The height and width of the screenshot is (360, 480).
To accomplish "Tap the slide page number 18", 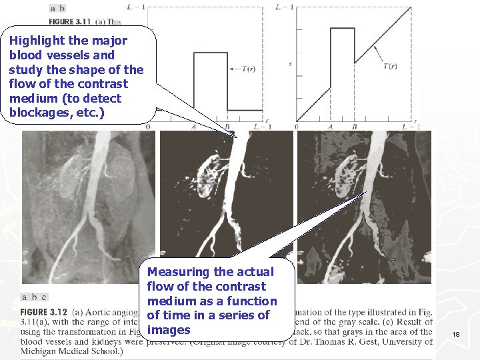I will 455,333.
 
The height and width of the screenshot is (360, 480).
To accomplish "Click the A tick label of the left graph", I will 193,127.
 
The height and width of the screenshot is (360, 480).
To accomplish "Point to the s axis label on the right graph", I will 290,64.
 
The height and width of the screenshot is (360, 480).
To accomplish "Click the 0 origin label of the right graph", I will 296,127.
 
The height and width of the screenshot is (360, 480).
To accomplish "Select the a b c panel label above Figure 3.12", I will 34,298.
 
